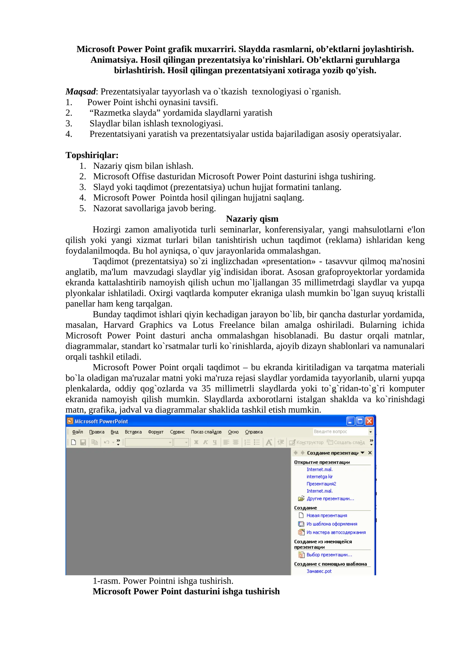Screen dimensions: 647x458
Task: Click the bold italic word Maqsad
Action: pos(80,92)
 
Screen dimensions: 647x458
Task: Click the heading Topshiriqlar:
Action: pos(92,155)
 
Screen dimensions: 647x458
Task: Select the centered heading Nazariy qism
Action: pos(252,219)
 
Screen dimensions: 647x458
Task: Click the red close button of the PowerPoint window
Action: pos(369,421)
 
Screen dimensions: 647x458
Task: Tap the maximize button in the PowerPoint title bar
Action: pos(360,421)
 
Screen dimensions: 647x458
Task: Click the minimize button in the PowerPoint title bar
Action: pos(350,421)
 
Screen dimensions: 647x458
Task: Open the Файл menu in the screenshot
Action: pos(77,432)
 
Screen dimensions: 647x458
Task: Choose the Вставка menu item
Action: pos(133,432)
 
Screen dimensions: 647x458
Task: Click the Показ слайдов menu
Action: pos(206,432)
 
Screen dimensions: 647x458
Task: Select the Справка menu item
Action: pos(254,432)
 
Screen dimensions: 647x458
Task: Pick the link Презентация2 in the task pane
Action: pos(321,484)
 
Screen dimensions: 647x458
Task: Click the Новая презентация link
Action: pos(327,515)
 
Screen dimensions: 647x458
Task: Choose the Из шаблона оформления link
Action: pos(332,524)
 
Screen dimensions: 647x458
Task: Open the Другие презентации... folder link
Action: pos(330,499)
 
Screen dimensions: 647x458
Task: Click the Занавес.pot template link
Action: pos(319,571)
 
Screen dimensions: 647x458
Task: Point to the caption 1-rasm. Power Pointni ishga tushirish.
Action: pos(163,581)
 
